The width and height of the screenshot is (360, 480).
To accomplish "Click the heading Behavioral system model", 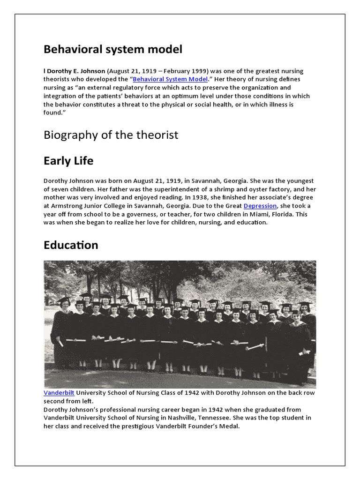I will [x=113, y=49].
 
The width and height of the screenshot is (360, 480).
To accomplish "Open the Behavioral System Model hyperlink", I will [x=170, y=79].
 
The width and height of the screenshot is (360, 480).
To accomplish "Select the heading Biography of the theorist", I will [x=111, y=135].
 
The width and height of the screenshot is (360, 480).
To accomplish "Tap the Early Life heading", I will [x=68, y=161].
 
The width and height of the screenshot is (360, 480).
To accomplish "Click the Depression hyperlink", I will [x=261, y=206].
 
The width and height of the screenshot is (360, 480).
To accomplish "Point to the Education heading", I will [x=71, y=245].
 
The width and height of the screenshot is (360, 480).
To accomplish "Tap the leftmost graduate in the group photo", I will [x=62, y=328].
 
